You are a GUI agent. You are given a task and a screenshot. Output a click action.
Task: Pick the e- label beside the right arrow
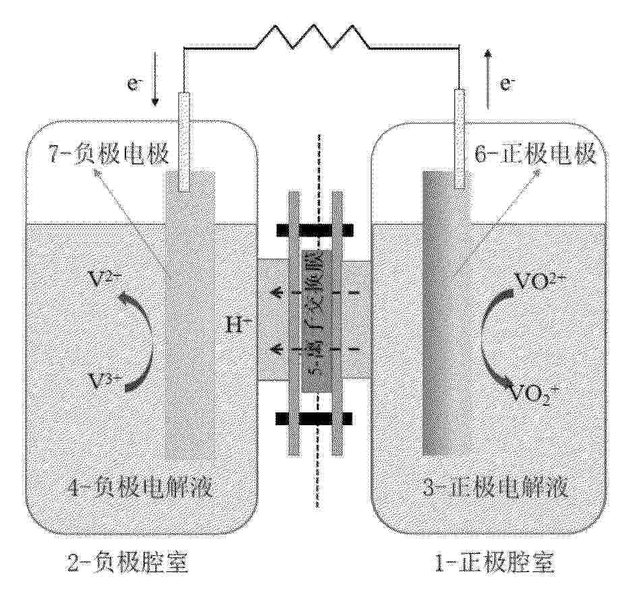[x=507, y=84]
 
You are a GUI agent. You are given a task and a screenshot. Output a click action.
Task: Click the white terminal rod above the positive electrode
[x=461, y=138]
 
